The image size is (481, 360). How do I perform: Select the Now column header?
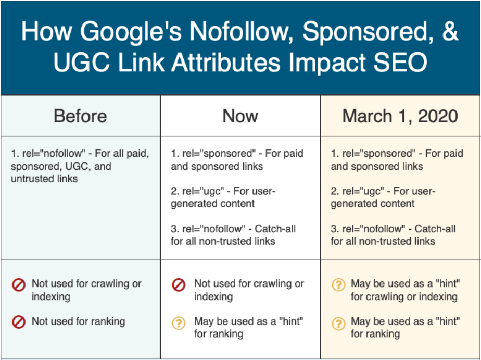point(240,116)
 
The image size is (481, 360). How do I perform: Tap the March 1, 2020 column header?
point(400,116)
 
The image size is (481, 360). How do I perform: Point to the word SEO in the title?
point(398,63)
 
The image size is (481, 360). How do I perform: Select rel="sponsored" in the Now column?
point(214,154)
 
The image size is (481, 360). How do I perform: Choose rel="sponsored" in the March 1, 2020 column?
point(375,154)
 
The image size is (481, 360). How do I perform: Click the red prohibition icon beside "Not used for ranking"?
point(19,322)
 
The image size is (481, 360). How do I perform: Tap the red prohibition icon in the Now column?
point(179,285)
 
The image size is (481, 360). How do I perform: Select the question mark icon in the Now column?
point(179,322)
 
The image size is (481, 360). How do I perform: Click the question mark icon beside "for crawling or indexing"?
point(338,285)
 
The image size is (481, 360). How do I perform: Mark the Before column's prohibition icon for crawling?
point(19,285)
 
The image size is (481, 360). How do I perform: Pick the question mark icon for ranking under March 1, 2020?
point(338,322)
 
